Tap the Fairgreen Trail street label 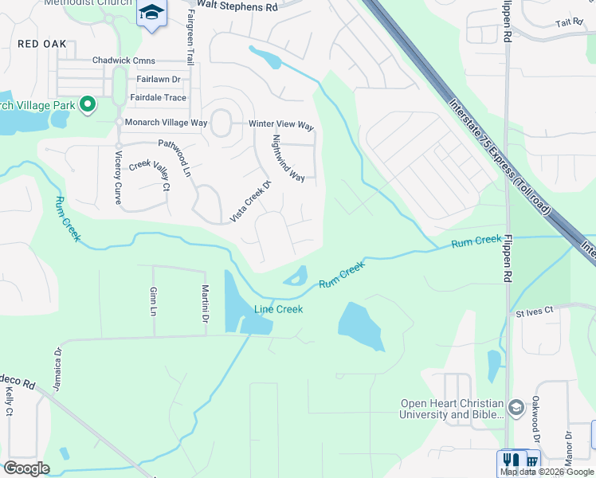tap(190, 42)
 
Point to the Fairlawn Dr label tap(158, 80)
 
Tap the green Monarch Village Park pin tap(89, 104)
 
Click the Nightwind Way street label tap(288, 158)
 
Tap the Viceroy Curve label tap(118, 178)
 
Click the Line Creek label tap(278, 309)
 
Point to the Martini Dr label tap(205, 304)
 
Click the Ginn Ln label tap(153, 301)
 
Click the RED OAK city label tap(42, 45)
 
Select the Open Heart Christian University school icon tap(516, 408)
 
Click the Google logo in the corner tap(26, 468)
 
